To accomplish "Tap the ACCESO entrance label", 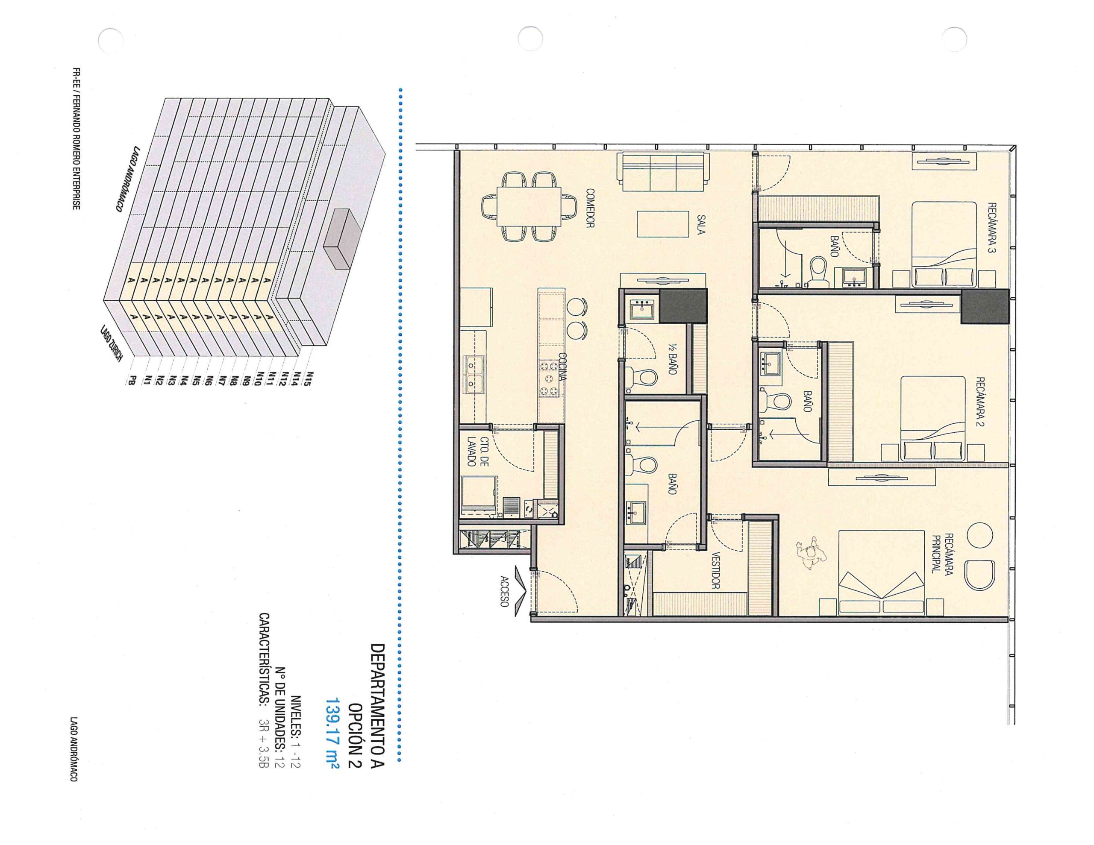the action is click(504, 591).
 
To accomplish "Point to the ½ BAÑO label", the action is click(672, 360).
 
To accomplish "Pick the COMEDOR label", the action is click(590, 208).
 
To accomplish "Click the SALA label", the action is click(701, 224).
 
